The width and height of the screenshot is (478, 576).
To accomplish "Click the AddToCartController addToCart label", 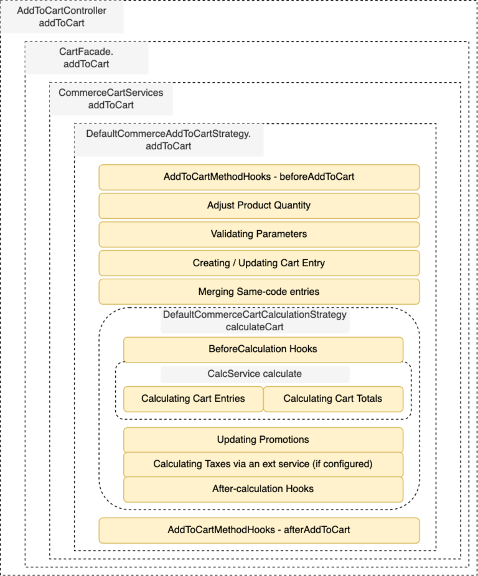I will [x=62, y=17].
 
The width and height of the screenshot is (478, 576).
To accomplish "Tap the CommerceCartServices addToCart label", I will [x=111, y=98].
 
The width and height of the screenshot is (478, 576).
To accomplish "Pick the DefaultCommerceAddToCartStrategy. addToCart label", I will [x=168, y=140].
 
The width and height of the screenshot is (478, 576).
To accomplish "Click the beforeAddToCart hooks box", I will [x=259, y=177].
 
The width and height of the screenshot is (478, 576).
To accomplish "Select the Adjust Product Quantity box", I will [x=259, y=205].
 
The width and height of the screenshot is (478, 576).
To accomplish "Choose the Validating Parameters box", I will [x=259, y=234].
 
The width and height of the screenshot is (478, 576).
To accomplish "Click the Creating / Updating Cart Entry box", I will [x=259, y=263].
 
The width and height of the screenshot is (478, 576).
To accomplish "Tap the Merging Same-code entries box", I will [x=259, y=292].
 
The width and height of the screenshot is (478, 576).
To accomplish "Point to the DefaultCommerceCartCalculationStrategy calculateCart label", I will [x=255, y=320].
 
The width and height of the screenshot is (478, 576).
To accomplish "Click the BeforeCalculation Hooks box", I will [x=263, y=349].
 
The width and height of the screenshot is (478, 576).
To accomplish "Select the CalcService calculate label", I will [x=255, y=374].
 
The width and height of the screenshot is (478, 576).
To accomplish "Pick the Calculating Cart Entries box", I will [x=193, y=399].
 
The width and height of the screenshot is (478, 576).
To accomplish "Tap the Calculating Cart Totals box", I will [x=333, y=399].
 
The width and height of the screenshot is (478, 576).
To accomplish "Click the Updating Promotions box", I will [x=263, y=440].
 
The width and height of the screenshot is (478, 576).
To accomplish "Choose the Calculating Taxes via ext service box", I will [x=263, y=464].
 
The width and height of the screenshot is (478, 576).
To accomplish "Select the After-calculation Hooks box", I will [x=263, y=489].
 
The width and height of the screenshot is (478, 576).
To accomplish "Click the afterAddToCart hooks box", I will [x=259, y=530].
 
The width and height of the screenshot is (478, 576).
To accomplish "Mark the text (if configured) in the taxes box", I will [x=344, y=464].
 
